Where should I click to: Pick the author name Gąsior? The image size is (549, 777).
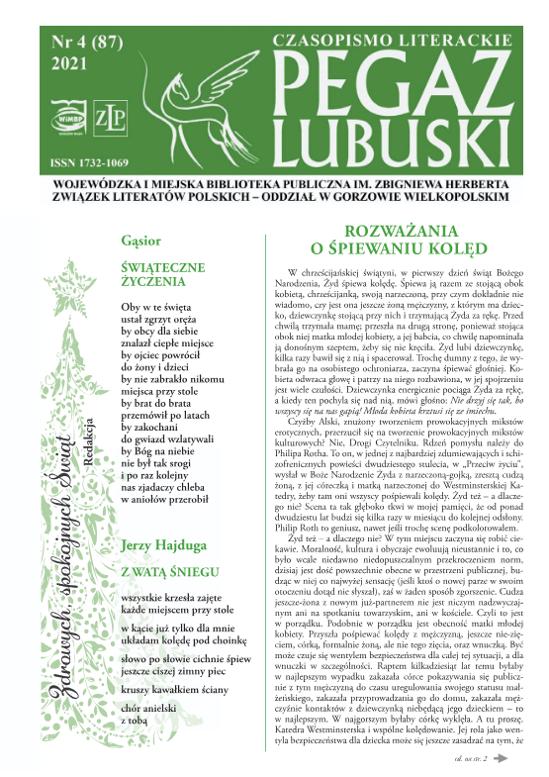(x=136, y=240)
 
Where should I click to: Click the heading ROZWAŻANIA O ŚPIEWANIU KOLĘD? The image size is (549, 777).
(x=390, y=245)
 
